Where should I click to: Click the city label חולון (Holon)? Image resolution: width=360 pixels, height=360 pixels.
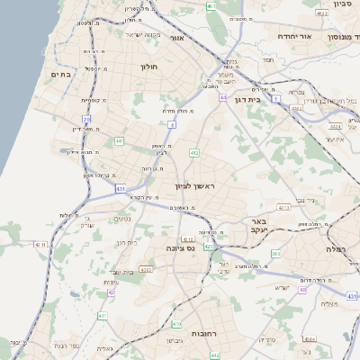(x=148, y=67)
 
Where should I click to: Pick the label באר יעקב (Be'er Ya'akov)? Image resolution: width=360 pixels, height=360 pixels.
(x=258, y=225)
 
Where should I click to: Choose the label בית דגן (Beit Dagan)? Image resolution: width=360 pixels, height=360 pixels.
(x=258, y=101)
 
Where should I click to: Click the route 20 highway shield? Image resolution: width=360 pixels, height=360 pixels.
(x=87, y=120)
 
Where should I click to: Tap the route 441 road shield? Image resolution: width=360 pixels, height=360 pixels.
(x=120, y=141)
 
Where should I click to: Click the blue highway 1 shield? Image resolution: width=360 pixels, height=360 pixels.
(x=279, y=97)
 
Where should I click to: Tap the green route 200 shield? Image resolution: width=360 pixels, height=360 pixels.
(x=275, y=255)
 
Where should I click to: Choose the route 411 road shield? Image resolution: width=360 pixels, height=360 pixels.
(x=103, y=316)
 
